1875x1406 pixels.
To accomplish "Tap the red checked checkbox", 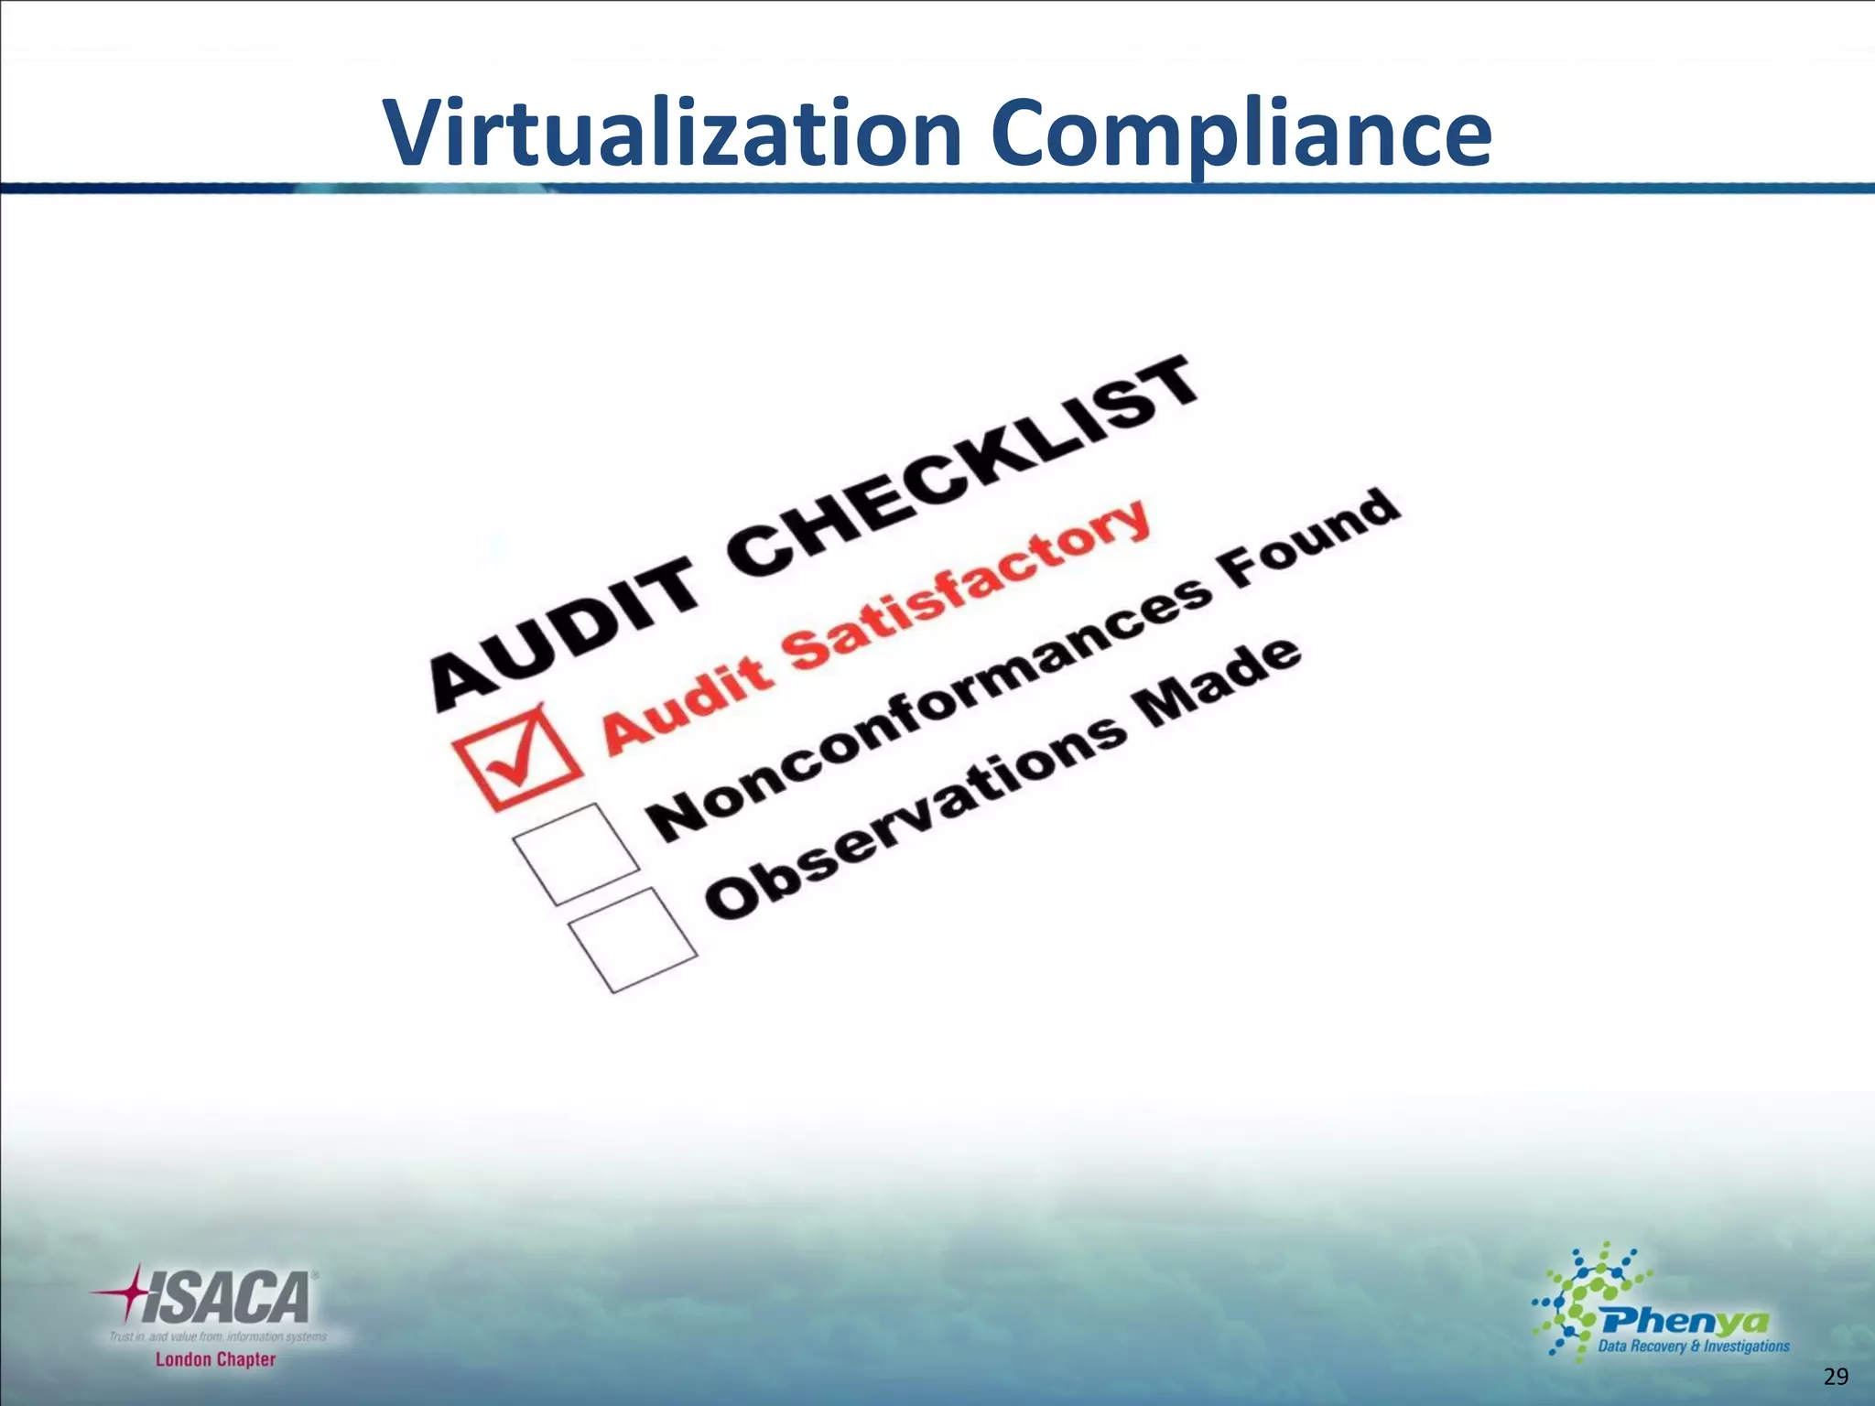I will tap(517, 757).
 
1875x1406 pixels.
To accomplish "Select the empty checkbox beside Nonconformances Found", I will tap(576, 853).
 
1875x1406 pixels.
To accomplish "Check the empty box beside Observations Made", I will tap(633, 939).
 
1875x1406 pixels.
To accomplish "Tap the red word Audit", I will tap(687, 705).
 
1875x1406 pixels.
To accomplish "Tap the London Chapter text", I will tap(215, 1359).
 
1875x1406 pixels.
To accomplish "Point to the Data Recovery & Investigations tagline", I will tap(1694, 1346).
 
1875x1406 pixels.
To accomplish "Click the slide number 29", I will tap(1836, 1377).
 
